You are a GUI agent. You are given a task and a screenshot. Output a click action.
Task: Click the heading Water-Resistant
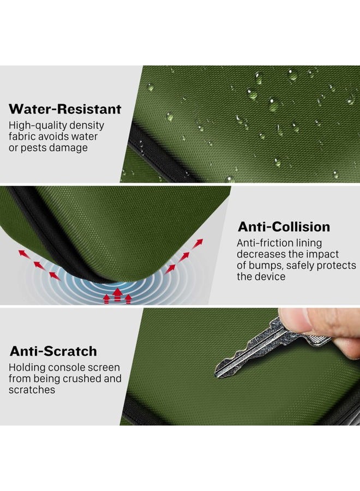coord(65,109)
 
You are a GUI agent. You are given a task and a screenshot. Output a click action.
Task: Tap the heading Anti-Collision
coord(284,227)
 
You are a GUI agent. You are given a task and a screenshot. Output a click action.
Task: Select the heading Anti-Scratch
coord(53,351)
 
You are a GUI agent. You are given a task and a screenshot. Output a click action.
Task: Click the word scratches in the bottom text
coord(32,390)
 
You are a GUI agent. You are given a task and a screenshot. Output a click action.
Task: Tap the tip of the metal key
coord(216,373)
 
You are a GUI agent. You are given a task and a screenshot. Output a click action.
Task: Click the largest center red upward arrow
coord(117,295)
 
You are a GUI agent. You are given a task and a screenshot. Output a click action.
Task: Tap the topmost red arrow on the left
coord(22,253)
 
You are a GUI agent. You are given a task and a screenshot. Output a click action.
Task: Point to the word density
coord(87,125)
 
